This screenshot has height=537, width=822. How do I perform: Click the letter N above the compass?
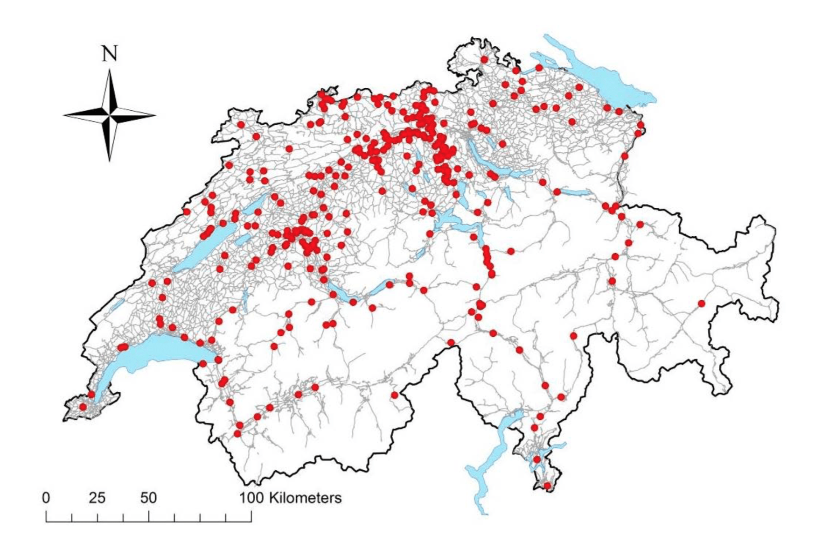pyautogui.click(x=110, y=54)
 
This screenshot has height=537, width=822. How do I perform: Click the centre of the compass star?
pyautogui.click(x=110, y=114)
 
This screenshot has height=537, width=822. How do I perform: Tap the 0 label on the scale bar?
pyautogui.click(x=45, y=497)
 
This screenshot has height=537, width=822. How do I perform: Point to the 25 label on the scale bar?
pyautogui.click(x=97, y=497)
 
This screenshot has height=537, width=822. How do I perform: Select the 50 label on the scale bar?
pyautogui.click(x=148, y=497)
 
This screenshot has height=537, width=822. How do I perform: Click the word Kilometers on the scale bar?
pyautogui.click(x=305, y=497)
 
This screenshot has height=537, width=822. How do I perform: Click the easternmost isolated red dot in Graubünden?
pyautogui.click(x=701, y=304)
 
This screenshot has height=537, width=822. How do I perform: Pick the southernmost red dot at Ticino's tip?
pyautogui.click(x=547, y=486)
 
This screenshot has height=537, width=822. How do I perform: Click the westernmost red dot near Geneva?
pyautogui.click(x=83, y=407)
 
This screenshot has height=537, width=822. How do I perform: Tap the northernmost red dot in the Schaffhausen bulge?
pyautogui.click(x=484, y=59)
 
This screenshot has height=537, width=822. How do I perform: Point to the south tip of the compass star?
pyautogui.click(x=110, y=160)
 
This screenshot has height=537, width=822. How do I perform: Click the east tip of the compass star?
pyautogui.click(x=155, y=114)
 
